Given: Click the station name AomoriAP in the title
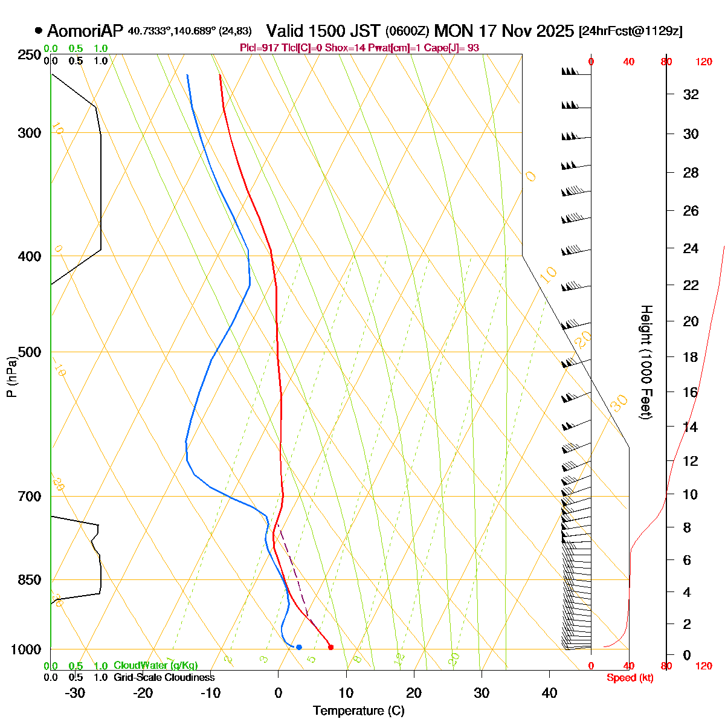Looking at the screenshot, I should pos(85,31).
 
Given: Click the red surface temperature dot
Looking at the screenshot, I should pos(330,647).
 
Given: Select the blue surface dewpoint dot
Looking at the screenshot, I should pos(299,647).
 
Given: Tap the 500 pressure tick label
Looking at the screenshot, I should pos(30,352).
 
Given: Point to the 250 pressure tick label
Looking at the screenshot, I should pos(30,55).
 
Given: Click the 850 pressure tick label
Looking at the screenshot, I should pos(30,580).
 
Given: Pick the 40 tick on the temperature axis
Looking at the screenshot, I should pos(549,693).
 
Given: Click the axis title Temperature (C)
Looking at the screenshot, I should pos(359,710).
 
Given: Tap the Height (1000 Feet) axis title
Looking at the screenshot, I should pos(646,362).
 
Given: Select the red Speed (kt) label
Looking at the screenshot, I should pos(630,678).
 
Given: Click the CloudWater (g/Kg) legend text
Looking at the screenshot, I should pos(156,665).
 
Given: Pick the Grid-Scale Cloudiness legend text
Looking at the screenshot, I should pos(164,677).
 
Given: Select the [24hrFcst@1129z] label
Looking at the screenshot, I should pos(630,31).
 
